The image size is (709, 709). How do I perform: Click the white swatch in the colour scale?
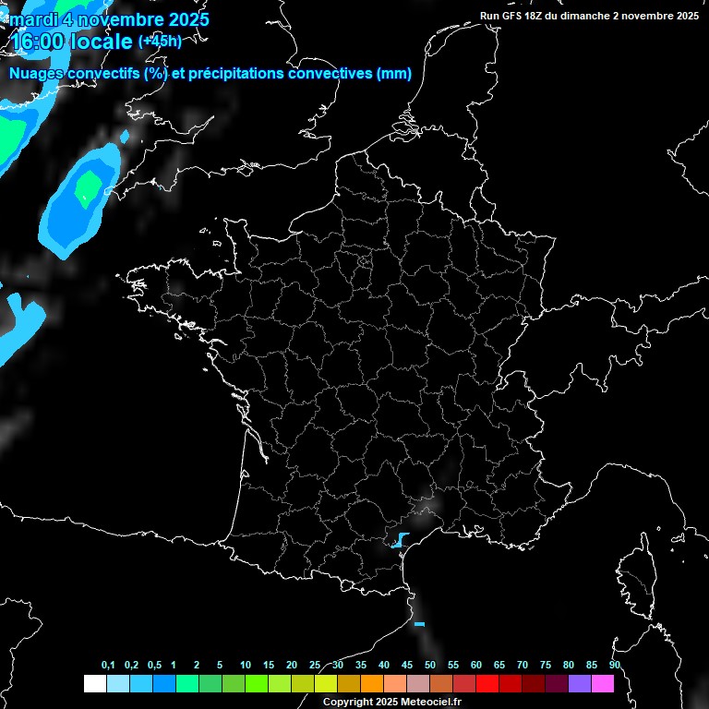[94, 683]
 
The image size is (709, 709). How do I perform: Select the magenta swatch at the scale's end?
[603, 683]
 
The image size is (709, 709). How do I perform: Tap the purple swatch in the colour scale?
[580, 683]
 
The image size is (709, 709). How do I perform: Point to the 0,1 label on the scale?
[108, 666]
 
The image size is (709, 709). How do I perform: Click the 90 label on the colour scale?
[615, 666]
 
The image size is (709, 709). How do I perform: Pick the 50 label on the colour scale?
[430, 666]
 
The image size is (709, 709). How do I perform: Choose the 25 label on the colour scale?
[315, 666]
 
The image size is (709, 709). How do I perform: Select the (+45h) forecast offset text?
[160, 42]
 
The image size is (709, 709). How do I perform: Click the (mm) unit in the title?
[394, 74]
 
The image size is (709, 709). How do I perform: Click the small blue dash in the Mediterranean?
[419, 625]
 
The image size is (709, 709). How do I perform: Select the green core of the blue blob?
[89, 188]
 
